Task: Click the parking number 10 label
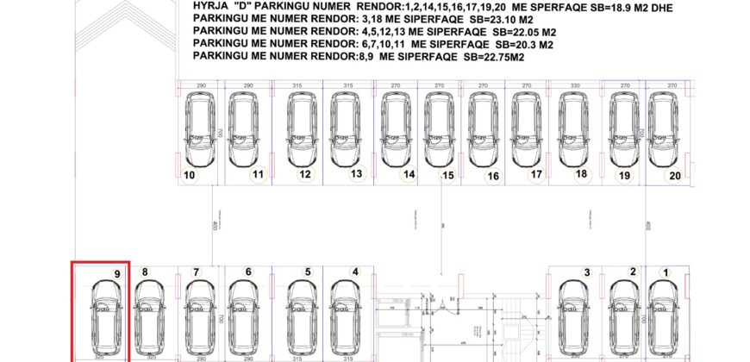pos(190,175)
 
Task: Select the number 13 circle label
pos(355,174)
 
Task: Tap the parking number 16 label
pos(493,176)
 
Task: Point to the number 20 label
pos(675,175)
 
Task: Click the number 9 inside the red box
pos(117,273)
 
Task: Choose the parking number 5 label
pos(307,272)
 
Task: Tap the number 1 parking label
pos(665,272)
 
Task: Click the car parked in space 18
pos(573,129)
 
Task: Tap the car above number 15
pos(436,129)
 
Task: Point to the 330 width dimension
pos(573,86)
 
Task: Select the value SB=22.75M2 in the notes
pos(495,57)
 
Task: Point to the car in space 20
pos(664,129)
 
